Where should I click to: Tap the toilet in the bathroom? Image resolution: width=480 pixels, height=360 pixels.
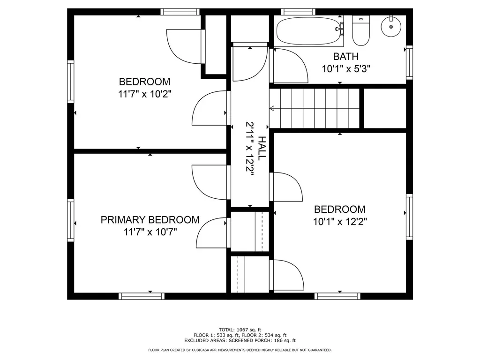361,30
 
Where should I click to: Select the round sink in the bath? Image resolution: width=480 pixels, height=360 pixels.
391,26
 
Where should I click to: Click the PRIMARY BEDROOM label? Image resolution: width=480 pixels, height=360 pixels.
150,220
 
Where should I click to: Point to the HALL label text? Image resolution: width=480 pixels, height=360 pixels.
261,149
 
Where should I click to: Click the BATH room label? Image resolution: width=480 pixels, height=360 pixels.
346,57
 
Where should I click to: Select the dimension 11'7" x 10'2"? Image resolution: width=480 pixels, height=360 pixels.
144,94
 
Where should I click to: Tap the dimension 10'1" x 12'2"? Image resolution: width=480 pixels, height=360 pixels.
340,221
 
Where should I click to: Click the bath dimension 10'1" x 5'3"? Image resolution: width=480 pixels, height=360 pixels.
346,69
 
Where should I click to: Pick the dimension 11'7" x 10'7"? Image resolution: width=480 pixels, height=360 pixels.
150,232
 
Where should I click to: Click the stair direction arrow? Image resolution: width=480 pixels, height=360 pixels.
271,108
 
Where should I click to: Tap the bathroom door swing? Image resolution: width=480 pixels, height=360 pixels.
290,65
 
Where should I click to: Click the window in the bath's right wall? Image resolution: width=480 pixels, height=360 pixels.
409,62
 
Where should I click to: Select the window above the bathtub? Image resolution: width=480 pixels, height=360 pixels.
298,12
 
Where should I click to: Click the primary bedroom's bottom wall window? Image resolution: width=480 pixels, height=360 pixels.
142,296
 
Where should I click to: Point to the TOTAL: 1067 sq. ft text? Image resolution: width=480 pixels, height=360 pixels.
240,330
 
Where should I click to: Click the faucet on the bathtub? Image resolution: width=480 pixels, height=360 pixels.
340,29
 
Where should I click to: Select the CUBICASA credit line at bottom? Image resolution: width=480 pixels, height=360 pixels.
240,350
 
